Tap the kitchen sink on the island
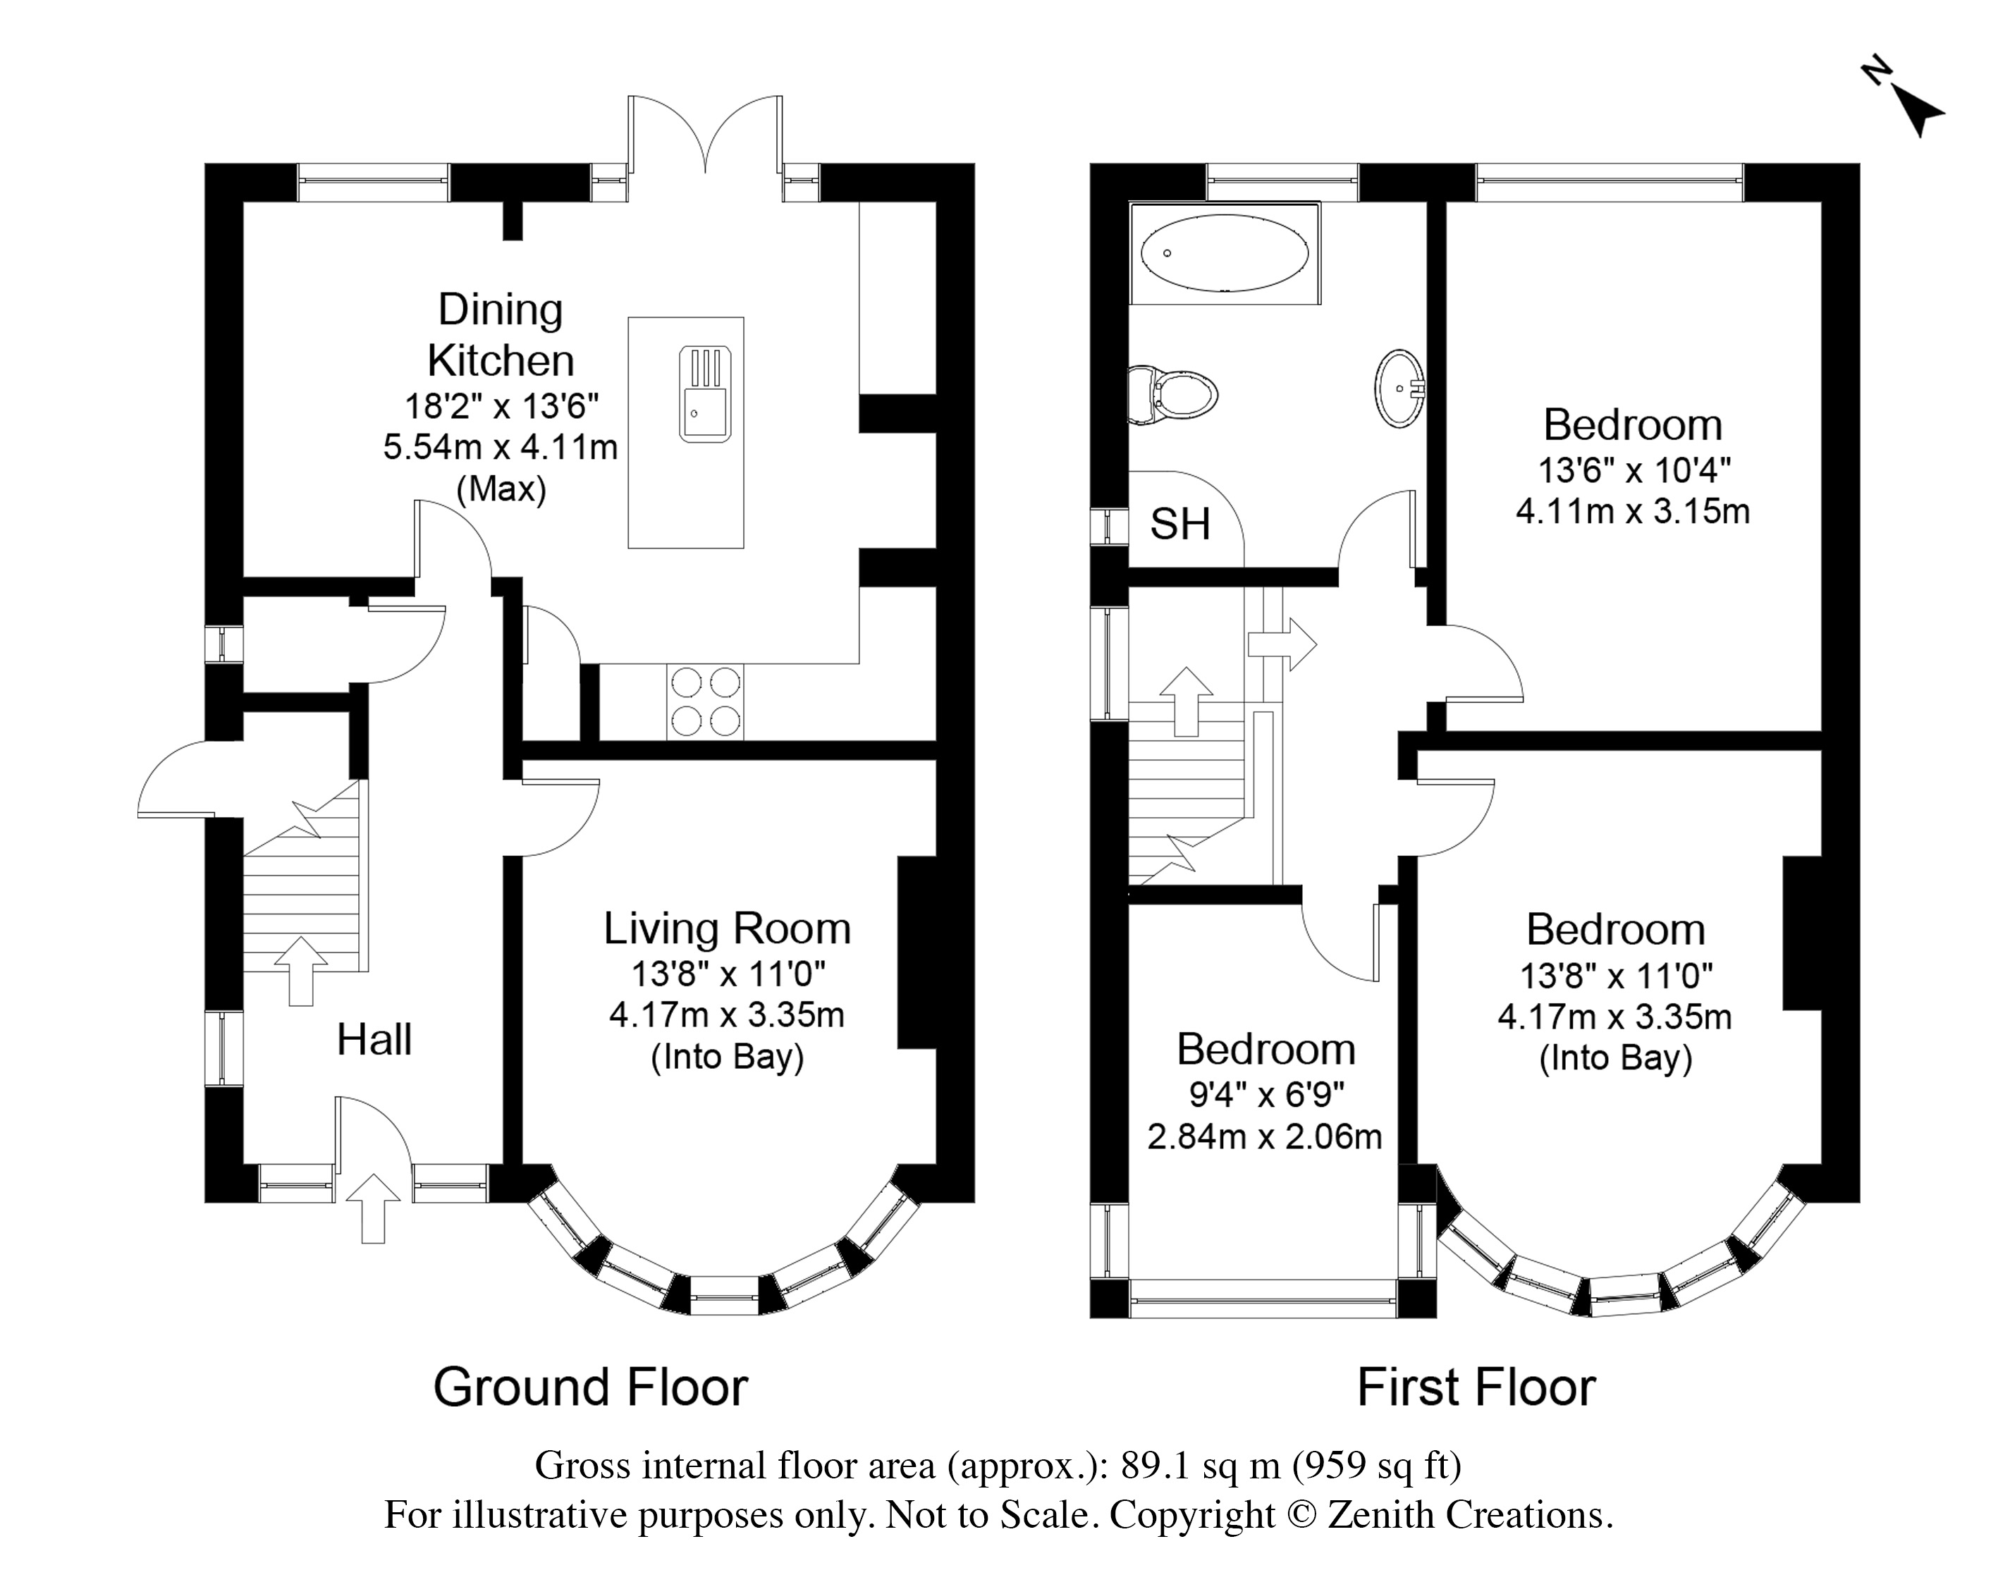[705, 393]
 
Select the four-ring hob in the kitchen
[705, 701]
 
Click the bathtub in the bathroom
[1225, 253]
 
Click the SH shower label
[1179, 525]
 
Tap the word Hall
[374, 1039]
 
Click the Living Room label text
[727, 928]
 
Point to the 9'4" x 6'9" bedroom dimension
[1266, 1095]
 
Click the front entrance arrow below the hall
[373, 1208]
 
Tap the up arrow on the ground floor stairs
[300, 971]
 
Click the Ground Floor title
[590, 1387]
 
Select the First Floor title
[1476, 1387]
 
